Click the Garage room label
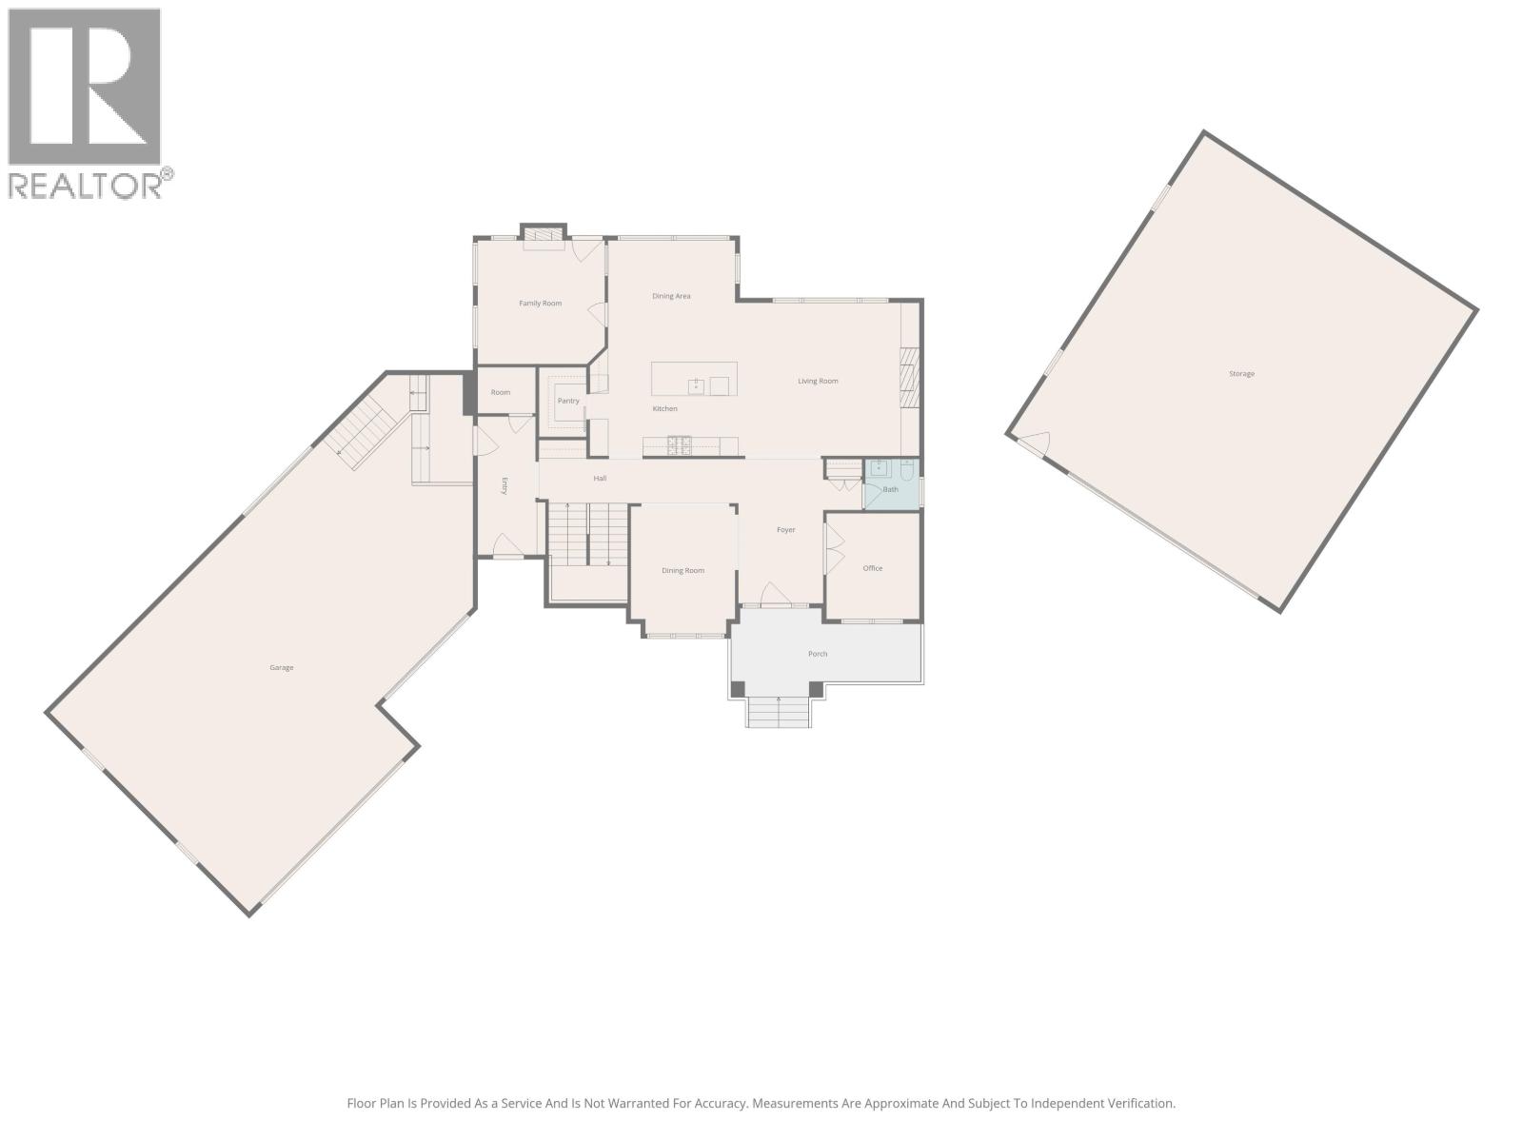[281, 668]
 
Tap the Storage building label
[1241, 374]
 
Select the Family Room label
[540, 304]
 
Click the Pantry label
[568, 401]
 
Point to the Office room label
[873, 568]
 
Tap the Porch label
[818, 654]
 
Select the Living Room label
[818, 382]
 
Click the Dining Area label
[671, 296]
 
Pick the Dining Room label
[682, 571]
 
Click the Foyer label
[785, 530]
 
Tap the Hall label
[600, 479]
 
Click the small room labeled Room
[501, 392]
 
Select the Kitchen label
[664, 409]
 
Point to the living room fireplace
[909, 378]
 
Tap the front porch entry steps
[779, 712]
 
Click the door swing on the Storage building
[1036, 442]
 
